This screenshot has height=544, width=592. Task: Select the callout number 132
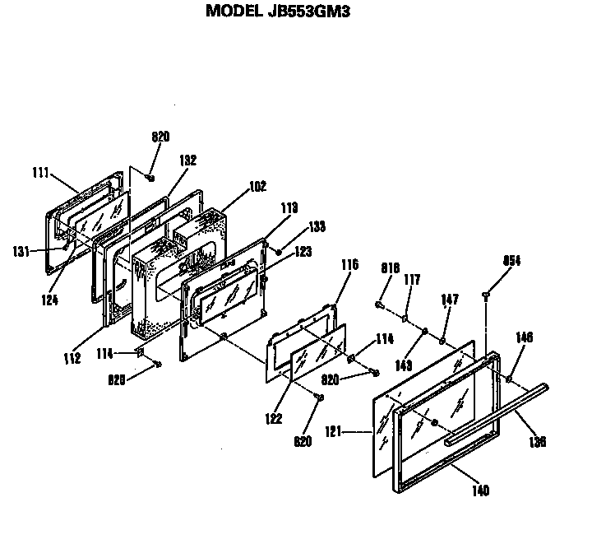(x=187, y=161)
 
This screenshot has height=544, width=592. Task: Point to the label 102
(x=257, y=187)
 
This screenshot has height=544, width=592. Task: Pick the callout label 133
(x=317, y=226)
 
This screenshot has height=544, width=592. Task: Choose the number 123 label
(x=303, y=252)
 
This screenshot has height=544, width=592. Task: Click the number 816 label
(x=390, y=267)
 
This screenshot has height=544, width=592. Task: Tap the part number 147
(x=450, y=300)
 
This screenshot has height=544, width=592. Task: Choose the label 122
(x=273, y=419)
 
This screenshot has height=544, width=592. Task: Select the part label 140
(x=481, y=491)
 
